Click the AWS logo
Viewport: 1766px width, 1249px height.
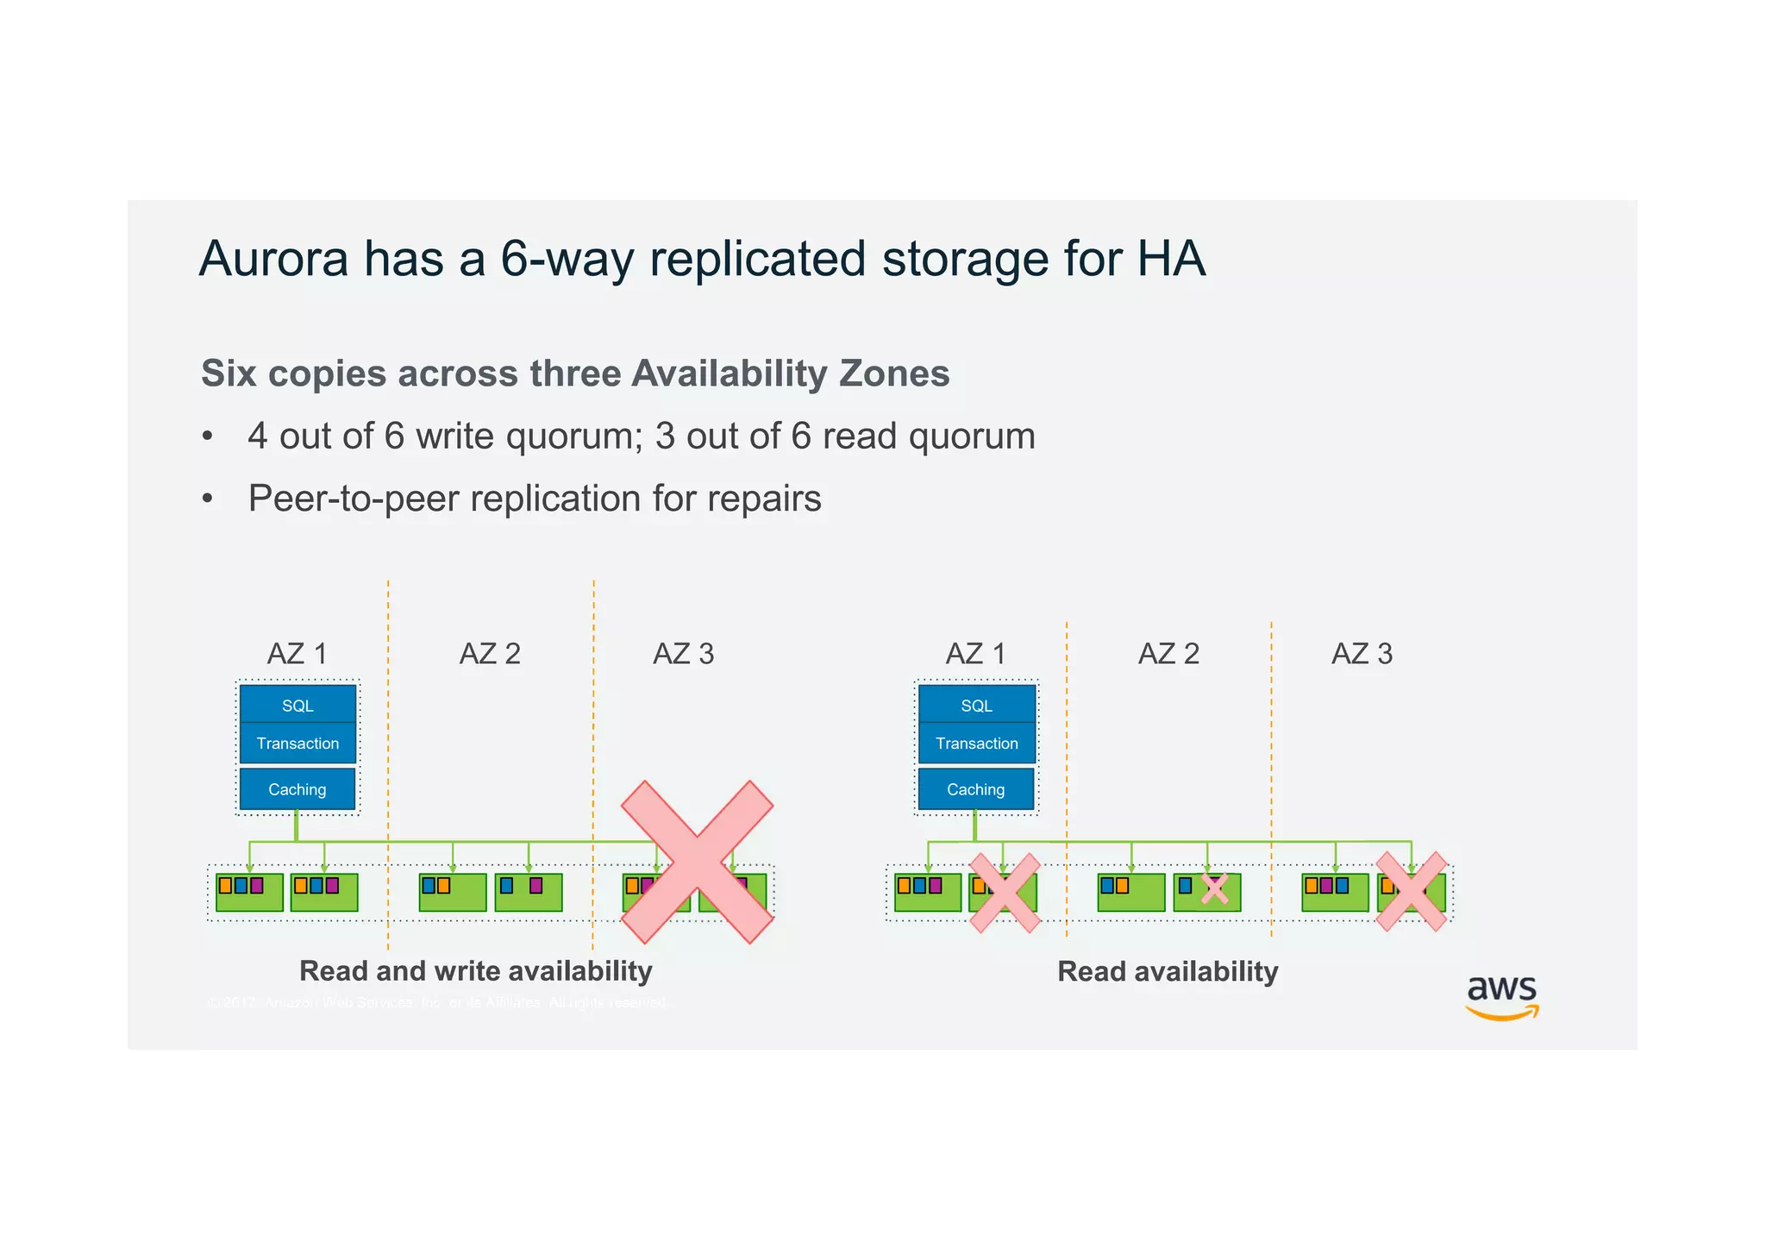click(1502, 997)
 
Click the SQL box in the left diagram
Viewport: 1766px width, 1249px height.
click(297, 705)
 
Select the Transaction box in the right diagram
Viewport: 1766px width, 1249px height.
click(976, 743)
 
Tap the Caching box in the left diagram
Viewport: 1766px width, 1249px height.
click(297, 789)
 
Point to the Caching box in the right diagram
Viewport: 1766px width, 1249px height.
click(976, 789)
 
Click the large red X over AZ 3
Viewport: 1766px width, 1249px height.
click(697, 862)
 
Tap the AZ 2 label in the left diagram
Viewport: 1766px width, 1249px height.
click(490, 654)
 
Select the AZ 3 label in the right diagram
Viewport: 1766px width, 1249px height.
click(1362, 654)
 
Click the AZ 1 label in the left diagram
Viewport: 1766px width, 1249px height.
click(297, 654)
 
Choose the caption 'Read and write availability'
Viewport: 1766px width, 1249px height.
click(475, 971)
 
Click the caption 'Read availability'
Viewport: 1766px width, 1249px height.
click(1168, 971)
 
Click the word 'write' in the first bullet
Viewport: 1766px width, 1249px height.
click(455, 436)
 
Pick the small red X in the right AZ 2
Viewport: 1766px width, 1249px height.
click(1214, 888)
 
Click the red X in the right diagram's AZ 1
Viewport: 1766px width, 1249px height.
click(1005, 892)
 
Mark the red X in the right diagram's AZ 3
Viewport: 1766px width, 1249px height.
click(1411, 892)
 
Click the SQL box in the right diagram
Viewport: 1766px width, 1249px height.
click(976, 705)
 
